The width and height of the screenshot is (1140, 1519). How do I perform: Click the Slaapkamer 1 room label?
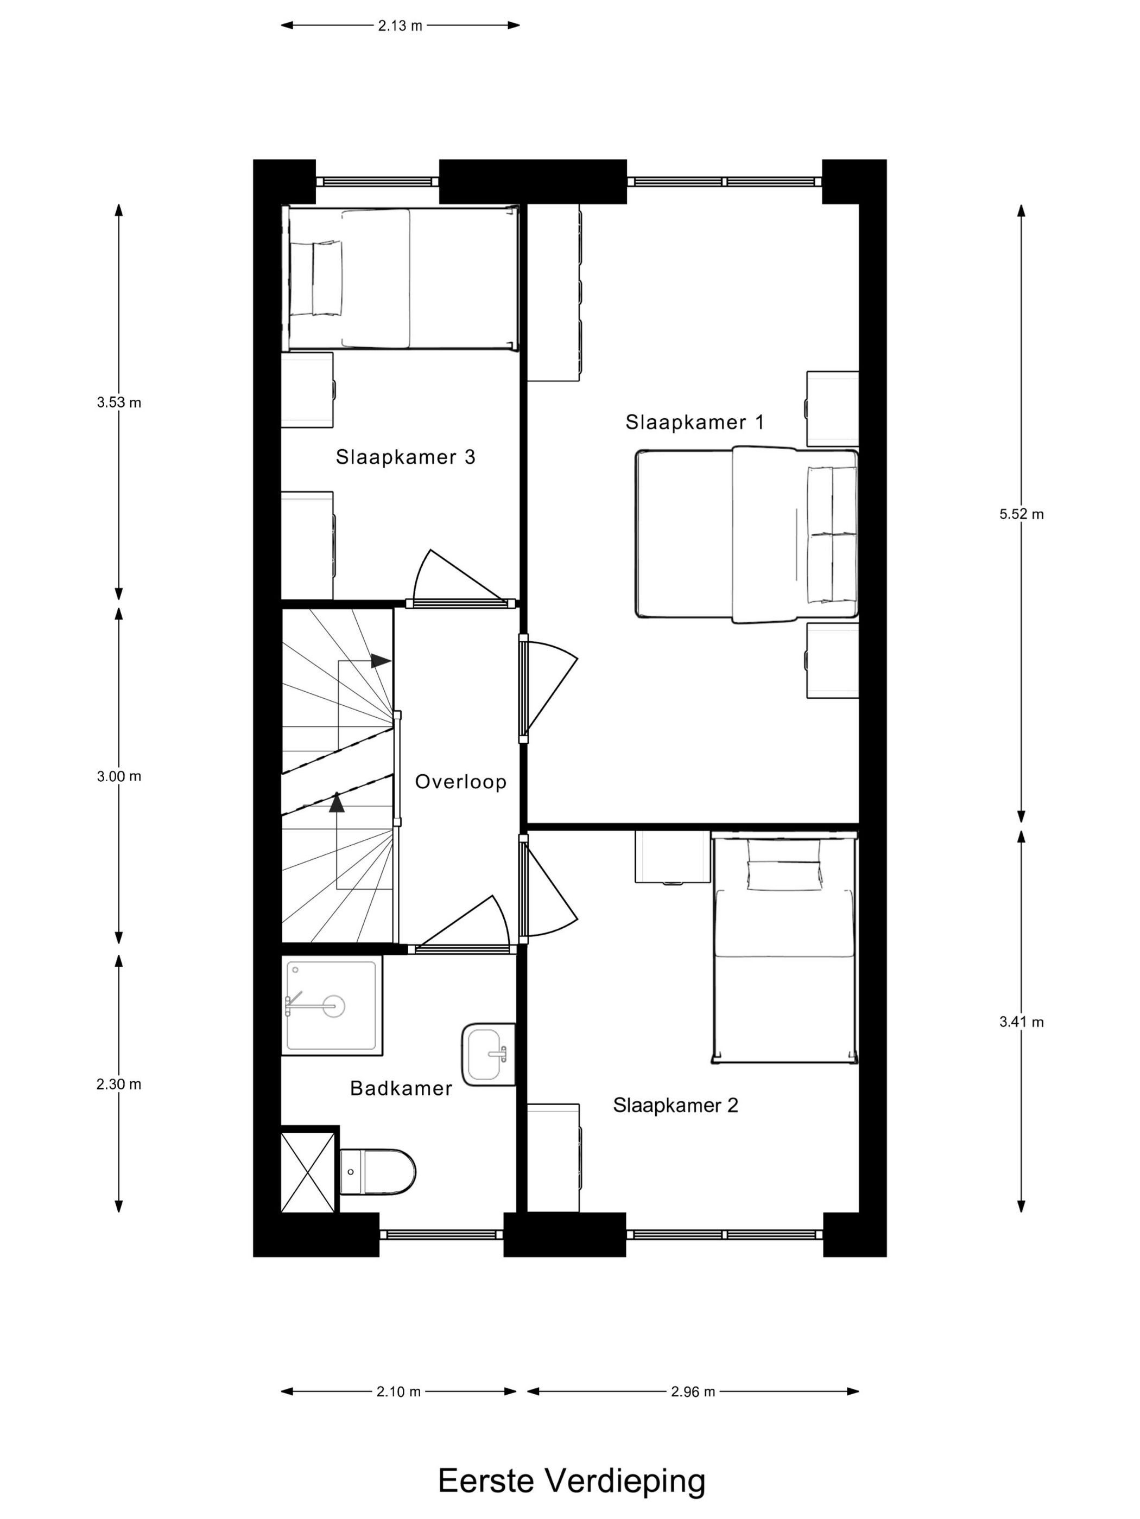coord(694,422)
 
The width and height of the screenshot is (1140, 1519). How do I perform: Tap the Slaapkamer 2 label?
coord(675,1105)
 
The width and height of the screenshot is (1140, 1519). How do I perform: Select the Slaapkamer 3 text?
coord(406,457)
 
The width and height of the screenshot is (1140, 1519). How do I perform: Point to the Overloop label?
coord(460,782)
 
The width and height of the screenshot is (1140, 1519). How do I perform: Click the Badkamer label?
coord(401,1088)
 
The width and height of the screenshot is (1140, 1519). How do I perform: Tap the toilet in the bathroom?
coord(378,1171)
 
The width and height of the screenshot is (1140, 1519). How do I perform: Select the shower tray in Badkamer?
coord(332,1005)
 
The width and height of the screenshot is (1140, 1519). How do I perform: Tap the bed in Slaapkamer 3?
coord(401,278)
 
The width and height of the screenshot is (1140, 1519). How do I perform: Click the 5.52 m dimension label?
coord(1021,514)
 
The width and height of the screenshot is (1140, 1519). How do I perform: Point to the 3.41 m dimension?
coord(1021,1022)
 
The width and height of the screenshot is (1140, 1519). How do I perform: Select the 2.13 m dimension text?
coord(400,26)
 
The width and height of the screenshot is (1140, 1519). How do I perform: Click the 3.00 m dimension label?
coord(119,777)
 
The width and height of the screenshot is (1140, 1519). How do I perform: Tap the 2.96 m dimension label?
coord(693,1392)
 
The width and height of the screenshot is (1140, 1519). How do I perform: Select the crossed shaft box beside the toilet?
coord(309,1170)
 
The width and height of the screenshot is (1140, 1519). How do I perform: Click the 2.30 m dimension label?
coord(119,1084)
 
